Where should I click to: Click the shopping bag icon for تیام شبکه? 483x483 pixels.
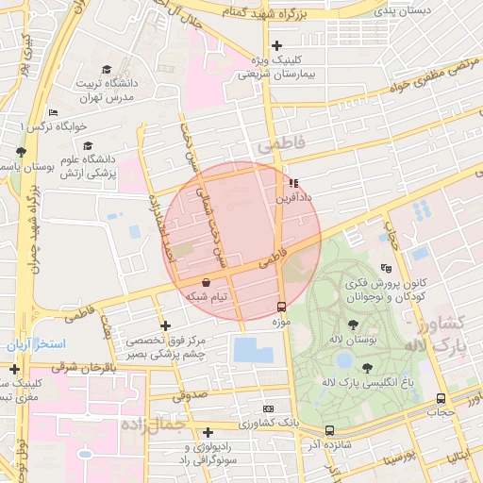(x=207, y=282)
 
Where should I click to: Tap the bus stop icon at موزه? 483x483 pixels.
(x=280, y=307)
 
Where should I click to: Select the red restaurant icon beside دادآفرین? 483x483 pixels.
(x=293, y=183)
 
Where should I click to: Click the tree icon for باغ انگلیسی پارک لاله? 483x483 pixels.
(x=367, y=367)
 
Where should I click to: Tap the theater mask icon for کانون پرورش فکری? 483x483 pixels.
(x=384, y=269)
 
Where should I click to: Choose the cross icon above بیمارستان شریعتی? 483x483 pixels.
(x=276, y=45)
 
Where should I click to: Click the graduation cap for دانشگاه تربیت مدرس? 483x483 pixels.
(x=107, y=70)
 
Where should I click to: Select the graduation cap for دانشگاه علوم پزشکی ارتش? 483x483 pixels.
(x=88, y=146)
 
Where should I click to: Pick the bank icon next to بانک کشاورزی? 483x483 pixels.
(x=269, y=408)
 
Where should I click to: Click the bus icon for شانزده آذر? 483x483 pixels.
(x=328, y=430)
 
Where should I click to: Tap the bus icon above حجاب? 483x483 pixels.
(x=441, y=398)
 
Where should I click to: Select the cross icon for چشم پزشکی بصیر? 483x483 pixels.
(x=166, y=325)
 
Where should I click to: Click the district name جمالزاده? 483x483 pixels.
(x=156, y=425)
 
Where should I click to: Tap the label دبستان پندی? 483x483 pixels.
(x=403, y=11)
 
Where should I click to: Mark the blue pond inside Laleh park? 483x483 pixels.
(x=345, y=361)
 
